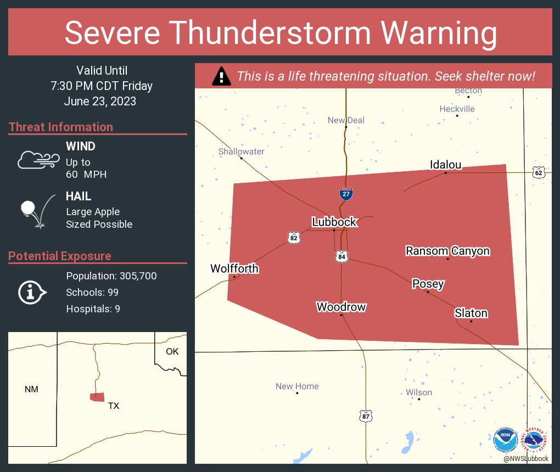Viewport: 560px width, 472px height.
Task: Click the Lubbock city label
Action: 334,222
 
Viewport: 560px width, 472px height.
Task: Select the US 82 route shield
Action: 294,238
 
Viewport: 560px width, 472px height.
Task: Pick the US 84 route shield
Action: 342,256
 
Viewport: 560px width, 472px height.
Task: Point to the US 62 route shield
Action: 538,173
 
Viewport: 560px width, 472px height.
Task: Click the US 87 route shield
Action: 366,416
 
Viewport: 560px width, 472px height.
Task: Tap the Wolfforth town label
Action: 234,268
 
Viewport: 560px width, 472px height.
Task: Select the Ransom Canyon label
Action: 447,251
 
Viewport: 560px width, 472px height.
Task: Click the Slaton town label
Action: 471,313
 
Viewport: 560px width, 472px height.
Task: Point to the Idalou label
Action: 445,165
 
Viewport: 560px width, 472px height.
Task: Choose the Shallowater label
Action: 241,151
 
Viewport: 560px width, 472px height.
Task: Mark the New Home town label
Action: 297,386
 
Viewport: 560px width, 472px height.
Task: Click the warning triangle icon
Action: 221,76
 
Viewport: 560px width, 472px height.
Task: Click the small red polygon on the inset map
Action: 97,397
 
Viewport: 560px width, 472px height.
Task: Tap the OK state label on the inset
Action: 172,351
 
